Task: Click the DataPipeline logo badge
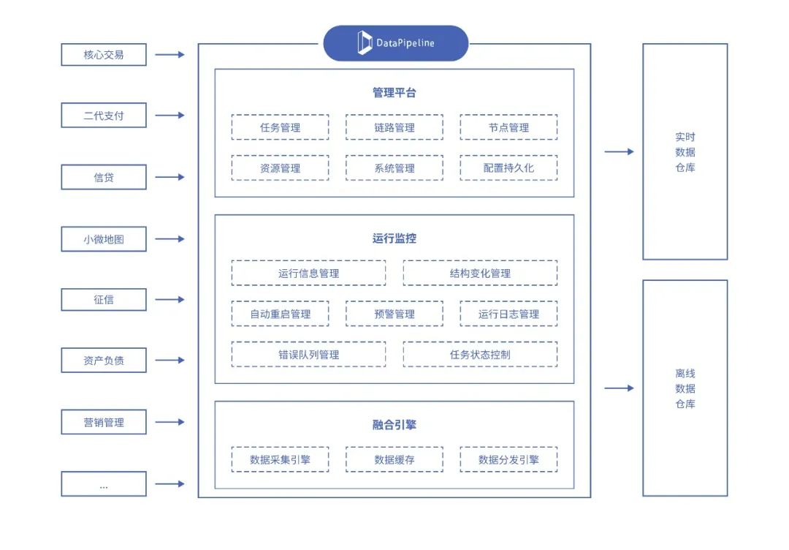point(395,43)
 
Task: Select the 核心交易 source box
point(104,55)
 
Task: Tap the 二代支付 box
point(104,116)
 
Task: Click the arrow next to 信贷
point(170,177)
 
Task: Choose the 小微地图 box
point(104,239)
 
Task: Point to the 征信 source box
point(104,300)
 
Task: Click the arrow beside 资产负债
point(170,361)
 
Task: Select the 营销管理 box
point(104,422)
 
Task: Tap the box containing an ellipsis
point(104,484)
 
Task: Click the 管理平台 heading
point(394,93)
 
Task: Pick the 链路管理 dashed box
point(394,127)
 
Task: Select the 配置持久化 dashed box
point(508,167)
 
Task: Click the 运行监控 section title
point(394,238)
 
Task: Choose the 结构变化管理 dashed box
point(480,274)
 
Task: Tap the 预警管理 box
point(394,314)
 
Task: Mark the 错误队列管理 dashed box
point(308,355)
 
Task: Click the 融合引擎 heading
point(394,425)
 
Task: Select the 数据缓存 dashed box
point(394,460)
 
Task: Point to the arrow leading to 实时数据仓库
point(619,152)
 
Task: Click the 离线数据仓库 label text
point(685,388)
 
